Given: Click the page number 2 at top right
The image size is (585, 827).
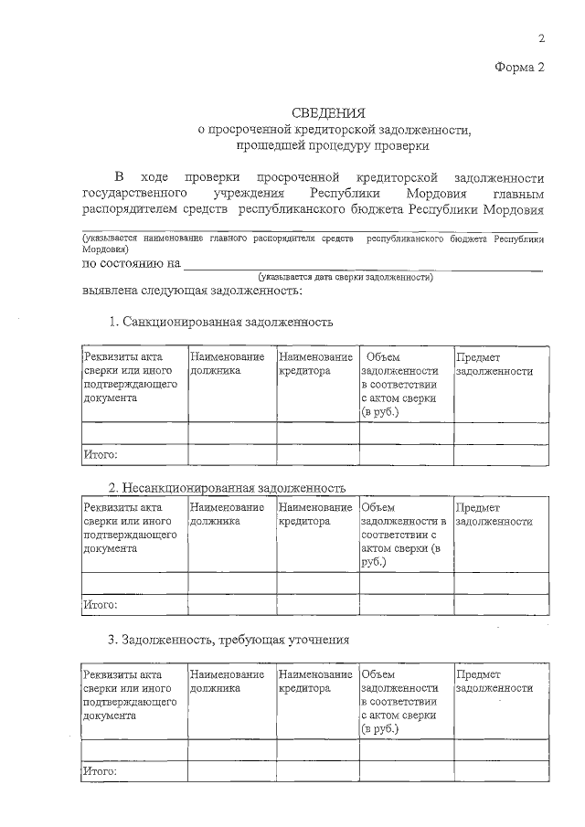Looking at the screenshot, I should [x=541, y=38].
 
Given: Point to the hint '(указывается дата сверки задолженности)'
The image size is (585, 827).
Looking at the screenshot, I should [x=346, y=276].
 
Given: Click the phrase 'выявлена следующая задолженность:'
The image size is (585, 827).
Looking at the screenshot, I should [x=192, y=291].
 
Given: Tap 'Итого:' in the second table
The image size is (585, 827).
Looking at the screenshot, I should [x=101, y=605].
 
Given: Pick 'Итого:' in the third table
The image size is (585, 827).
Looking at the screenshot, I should [x=101, y=771].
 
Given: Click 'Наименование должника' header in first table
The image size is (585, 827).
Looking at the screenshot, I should [x=228, y=365].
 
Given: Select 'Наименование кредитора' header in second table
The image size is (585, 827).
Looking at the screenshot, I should [x=315, y=514].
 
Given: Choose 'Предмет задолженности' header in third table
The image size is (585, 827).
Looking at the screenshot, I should [x=495, y=681].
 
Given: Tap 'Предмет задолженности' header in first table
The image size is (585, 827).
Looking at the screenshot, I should [x=495, y=365].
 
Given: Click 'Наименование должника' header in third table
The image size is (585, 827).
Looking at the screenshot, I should [x=228, y=681].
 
